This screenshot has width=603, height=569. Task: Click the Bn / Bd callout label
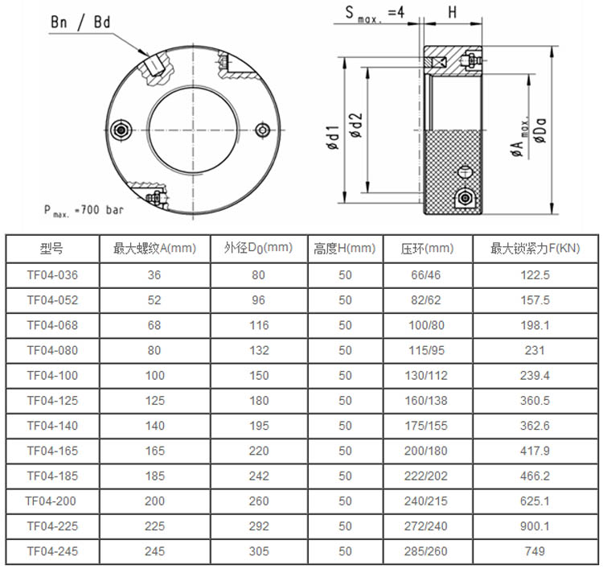pos(80,23)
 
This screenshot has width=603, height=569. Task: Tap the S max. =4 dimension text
pos(375,14)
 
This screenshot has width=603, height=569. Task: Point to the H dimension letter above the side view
pos(453,12)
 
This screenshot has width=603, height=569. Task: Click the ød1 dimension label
pos(333,138)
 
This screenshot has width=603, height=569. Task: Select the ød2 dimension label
pos(356,126)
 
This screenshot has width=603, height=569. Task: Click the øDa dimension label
pos(540,130)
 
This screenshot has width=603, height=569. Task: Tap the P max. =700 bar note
pos(84,211)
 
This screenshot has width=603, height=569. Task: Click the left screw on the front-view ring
pos(121,130)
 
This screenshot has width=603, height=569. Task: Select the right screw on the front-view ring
pos(263,130)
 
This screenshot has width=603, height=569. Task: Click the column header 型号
pos(51,249)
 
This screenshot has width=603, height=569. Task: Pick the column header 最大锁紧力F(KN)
pos(535,249)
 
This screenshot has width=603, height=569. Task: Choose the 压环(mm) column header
pos(427,249)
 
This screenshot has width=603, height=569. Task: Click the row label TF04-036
pos(52,275)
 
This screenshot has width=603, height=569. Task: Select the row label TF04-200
pos(51,501)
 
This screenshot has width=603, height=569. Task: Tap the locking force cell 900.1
pos(535,526)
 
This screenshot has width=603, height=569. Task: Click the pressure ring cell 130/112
pos(426,375)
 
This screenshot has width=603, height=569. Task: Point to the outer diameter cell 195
pos(258,426)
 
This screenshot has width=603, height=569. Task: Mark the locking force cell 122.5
pos(535,275)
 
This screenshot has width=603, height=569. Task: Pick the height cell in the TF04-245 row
pos(345,551)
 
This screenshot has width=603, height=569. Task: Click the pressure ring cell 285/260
pos(425,551)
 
